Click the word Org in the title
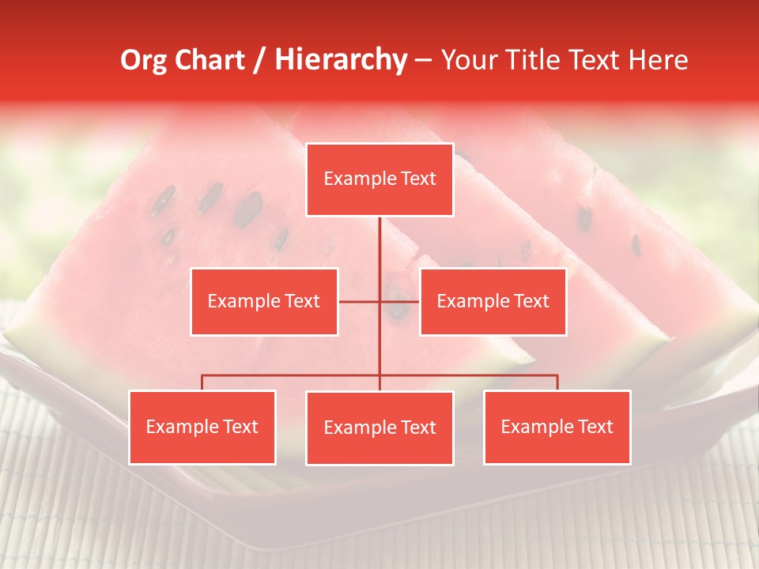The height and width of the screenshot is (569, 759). (145, 60)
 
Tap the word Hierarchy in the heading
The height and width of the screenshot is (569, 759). (341, 60)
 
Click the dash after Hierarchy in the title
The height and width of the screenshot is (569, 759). (423, 60)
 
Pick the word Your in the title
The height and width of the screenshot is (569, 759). (467, 60)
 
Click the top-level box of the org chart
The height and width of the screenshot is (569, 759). (379, 179)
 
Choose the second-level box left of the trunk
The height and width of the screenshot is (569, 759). (264, 302)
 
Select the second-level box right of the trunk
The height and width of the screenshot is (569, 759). (493, 302)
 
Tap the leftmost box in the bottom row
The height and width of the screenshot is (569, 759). (202, 428)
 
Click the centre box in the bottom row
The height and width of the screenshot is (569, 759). (379, 428)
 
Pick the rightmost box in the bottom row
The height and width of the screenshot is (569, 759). (557, 428)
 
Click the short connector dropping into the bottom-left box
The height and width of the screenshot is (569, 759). (202, 382)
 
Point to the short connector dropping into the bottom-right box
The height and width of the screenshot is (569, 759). (557, 382)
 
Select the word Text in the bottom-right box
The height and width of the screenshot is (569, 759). (595, 428)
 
